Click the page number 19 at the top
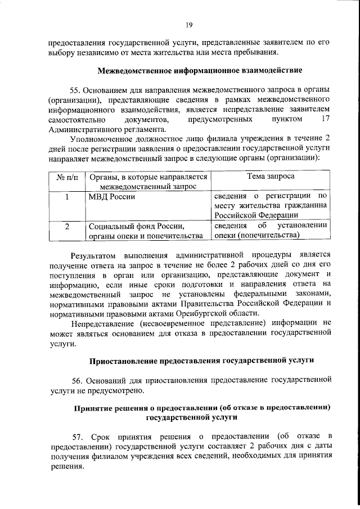coord(190,25)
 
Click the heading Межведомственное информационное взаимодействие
coord(200,71)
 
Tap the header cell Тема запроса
coord(271,177)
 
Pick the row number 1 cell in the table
coord(67,197)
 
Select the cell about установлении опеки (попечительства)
coord(271,231)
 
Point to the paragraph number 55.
coord(76,90)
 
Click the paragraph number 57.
coord(79,437)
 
